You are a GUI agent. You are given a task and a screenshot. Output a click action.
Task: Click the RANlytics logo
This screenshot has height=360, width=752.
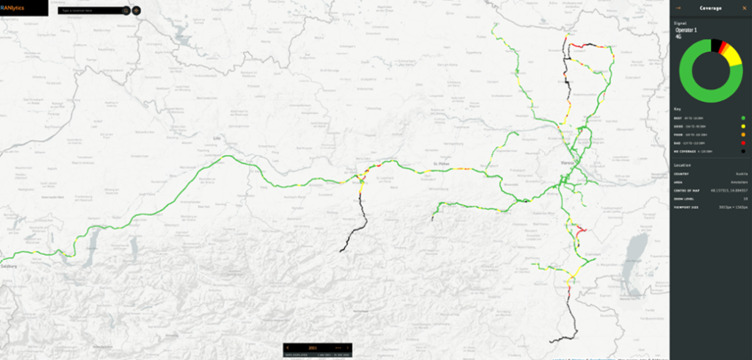coord(12,8)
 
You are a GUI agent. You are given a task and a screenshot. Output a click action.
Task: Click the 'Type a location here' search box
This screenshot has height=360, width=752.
coord(89,11)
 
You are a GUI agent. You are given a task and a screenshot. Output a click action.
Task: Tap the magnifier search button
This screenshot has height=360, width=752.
coord(126,11)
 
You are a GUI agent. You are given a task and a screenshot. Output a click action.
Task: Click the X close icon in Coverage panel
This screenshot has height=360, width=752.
coord(744,8)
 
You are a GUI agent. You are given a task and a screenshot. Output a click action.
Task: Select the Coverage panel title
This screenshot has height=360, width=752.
coord(710,8)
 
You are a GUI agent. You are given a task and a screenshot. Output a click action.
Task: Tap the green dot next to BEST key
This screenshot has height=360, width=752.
coord(743,118)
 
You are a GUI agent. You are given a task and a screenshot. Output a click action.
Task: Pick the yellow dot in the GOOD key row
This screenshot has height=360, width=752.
coord(743,126)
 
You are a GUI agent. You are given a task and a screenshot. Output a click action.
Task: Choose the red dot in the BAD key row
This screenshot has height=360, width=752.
coord(743,143)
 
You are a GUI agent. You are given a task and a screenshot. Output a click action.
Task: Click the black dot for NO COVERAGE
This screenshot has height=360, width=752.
coord(743,151)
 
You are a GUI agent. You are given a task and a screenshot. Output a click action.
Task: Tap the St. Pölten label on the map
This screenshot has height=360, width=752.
coord(441,164)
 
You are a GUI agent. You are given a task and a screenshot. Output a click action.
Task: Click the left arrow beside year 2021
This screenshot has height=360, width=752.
coord(288,347)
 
